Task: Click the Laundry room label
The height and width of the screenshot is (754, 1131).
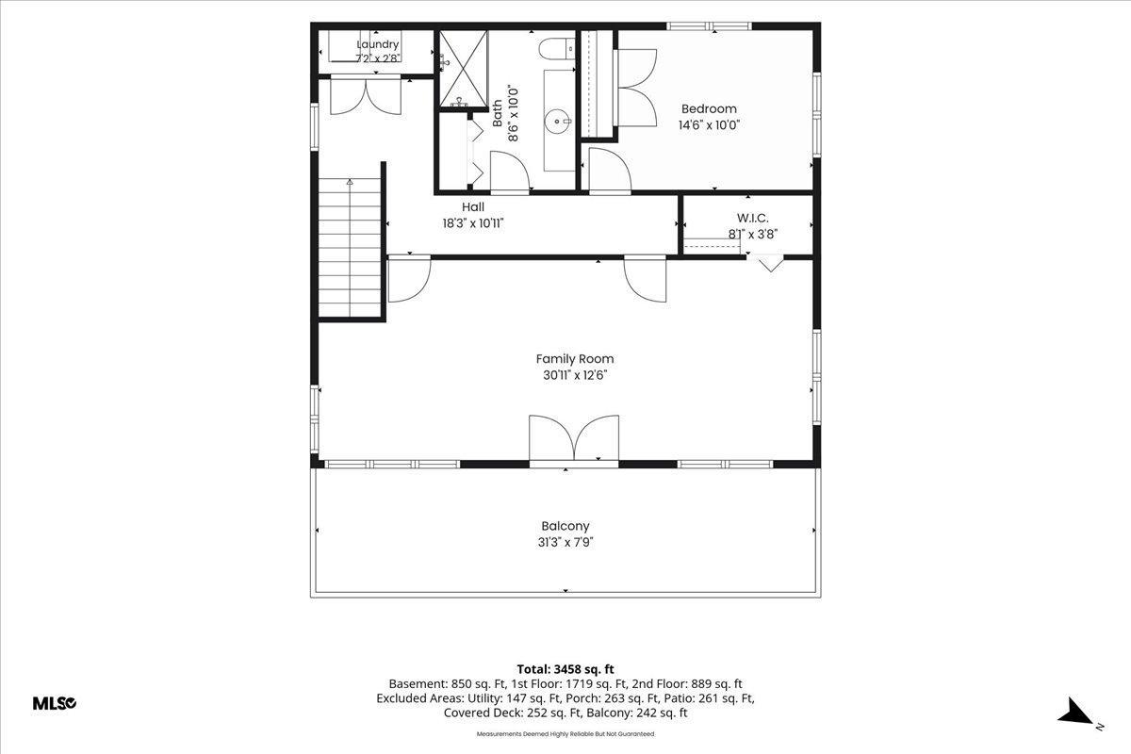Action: click(378, 44)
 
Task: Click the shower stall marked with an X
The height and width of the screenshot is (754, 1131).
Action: click(464, 69)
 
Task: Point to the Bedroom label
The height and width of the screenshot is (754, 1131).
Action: click(709, 108)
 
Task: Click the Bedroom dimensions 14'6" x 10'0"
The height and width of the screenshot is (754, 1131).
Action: click(709, 125)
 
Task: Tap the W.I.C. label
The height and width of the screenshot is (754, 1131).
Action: click(752, 218)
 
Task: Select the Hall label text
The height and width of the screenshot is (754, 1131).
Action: click(473, 206)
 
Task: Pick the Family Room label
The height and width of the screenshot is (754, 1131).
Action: click(575, 359)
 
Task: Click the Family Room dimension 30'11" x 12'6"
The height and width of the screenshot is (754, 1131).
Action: click(575, 375)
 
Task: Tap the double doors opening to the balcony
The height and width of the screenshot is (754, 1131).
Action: click(574, 438)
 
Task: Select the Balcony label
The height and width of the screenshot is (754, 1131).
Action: click(565, 526)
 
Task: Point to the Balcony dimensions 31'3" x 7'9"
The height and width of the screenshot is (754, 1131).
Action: click(565, 542)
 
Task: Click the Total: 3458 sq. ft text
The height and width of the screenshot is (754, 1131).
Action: click(565, 669)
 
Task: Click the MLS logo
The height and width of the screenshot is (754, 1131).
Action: click(55, 703)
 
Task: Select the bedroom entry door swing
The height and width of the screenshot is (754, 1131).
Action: click(610, 171)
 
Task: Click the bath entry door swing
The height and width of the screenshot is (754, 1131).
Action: click(510, 172)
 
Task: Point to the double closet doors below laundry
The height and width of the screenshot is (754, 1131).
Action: click(366, 96)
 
